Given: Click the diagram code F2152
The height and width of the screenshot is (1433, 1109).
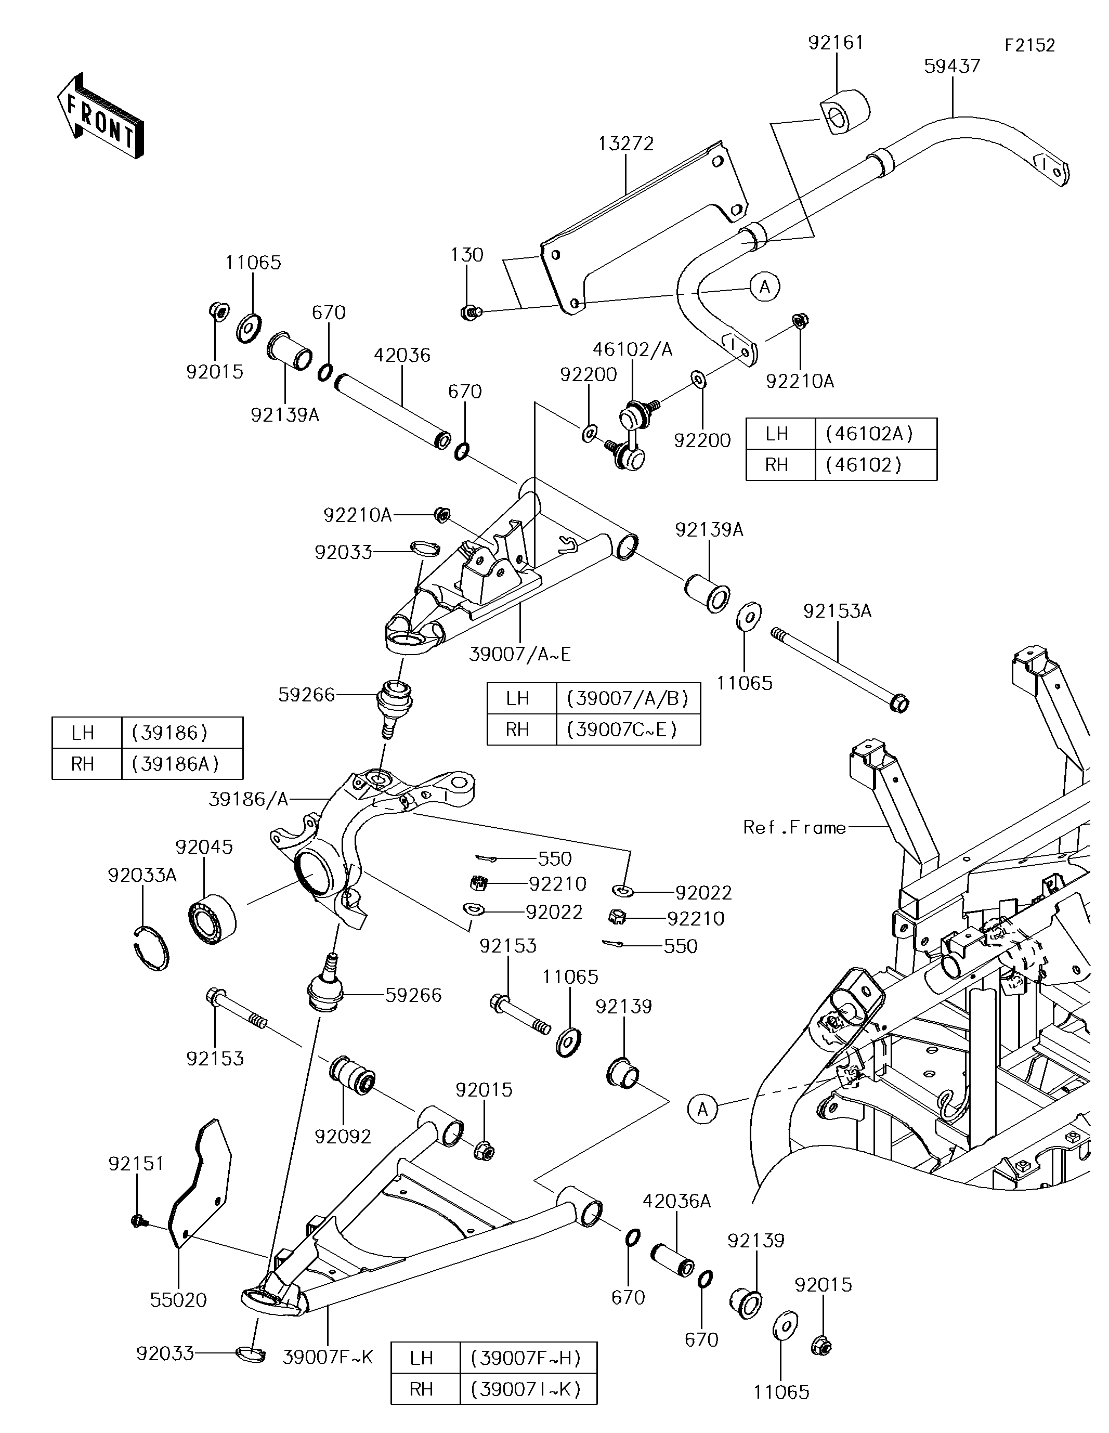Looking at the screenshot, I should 1029,45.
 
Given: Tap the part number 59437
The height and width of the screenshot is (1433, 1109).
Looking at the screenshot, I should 951,66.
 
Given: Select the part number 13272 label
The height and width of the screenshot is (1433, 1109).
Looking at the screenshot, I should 625,144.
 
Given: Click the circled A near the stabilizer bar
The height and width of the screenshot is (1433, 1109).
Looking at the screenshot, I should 764,286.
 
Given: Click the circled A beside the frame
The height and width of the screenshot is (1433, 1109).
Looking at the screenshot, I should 702,1109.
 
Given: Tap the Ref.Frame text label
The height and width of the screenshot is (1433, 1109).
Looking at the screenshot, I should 794,827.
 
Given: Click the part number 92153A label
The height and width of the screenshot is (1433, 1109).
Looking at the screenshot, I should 837,611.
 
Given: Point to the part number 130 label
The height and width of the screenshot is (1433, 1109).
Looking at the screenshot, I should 466,255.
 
